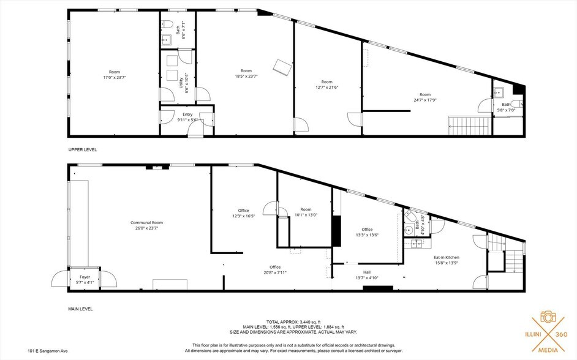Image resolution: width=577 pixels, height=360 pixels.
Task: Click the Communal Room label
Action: pos(146,222)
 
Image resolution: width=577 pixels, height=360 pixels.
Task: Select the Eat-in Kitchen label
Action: pos(446,257)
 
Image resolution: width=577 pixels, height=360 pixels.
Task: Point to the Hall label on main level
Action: pos(367,272)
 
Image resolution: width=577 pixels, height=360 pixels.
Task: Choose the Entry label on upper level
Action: pos(187,114)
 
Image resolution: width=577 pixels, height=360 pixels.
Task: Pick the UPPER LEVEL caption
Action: pos(82,149)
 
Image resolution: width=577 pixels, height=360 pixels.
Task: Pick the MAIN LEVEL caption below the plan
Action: pos(80,309)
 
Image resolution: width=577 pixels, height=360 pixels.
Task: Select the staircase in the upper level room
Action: pos(469,127)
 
